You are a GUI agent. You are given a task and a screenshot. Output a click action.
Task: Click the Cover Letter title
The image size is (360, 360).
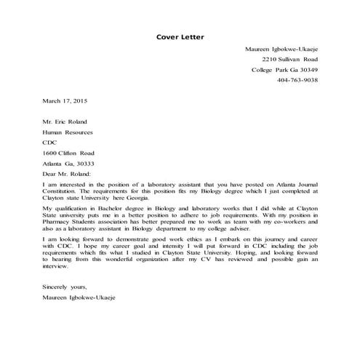tap(180, 36)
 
